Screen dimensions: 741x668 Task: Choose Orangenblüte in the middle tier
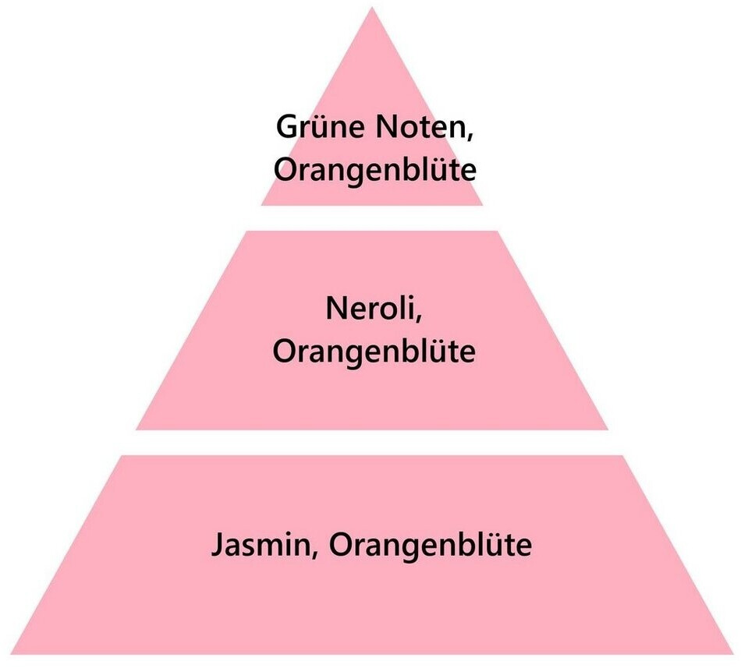[x=374, y=352]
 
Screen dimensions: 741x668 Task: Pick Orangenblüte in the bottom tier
[x=430, y=545]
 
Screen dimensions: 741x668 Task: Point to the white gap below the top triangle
[x=371, y=217]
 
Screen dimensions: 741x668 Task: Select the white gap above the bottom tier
[x=371, y=442]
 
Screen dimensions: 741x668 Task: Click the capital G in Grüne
[x=286, y=127]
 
